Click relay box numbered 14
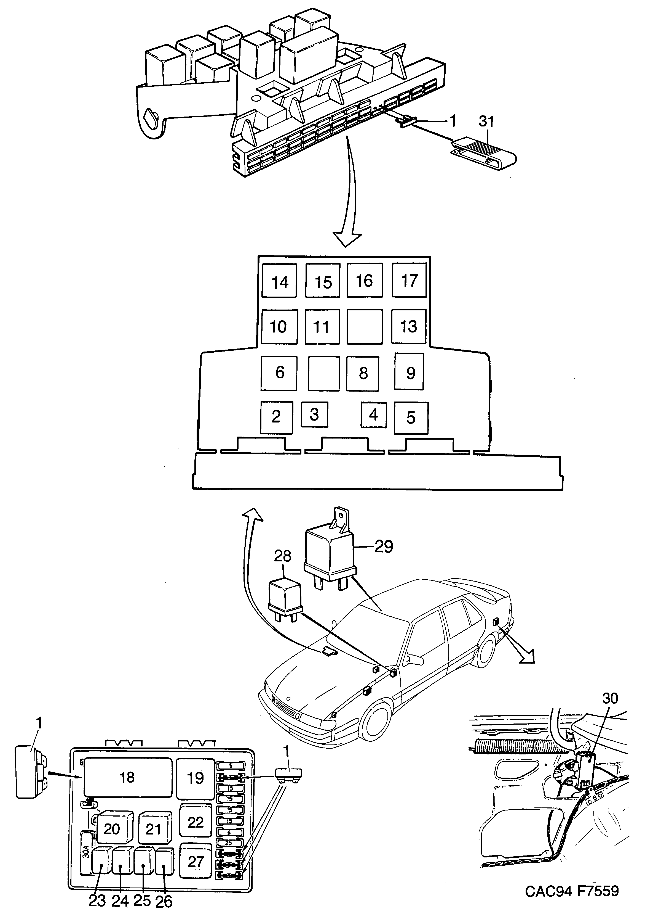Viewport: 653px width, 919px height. pyautogui.click(x=279, y=281)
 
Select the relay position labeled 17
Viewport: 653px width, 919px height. pyautogui.click(x=409, y=280)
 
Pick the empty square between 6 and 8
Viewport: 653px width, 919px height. pyautogui.click(x=324, y=374)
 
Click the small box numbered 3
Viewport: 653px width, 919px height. pyautogui.click(x=314, y=414)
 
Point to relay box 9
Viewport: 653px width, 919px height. pyautogui.click(x=409, y=371)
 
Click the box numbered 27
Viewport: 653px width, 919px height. pyautogui.click(x=196, y=862)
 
